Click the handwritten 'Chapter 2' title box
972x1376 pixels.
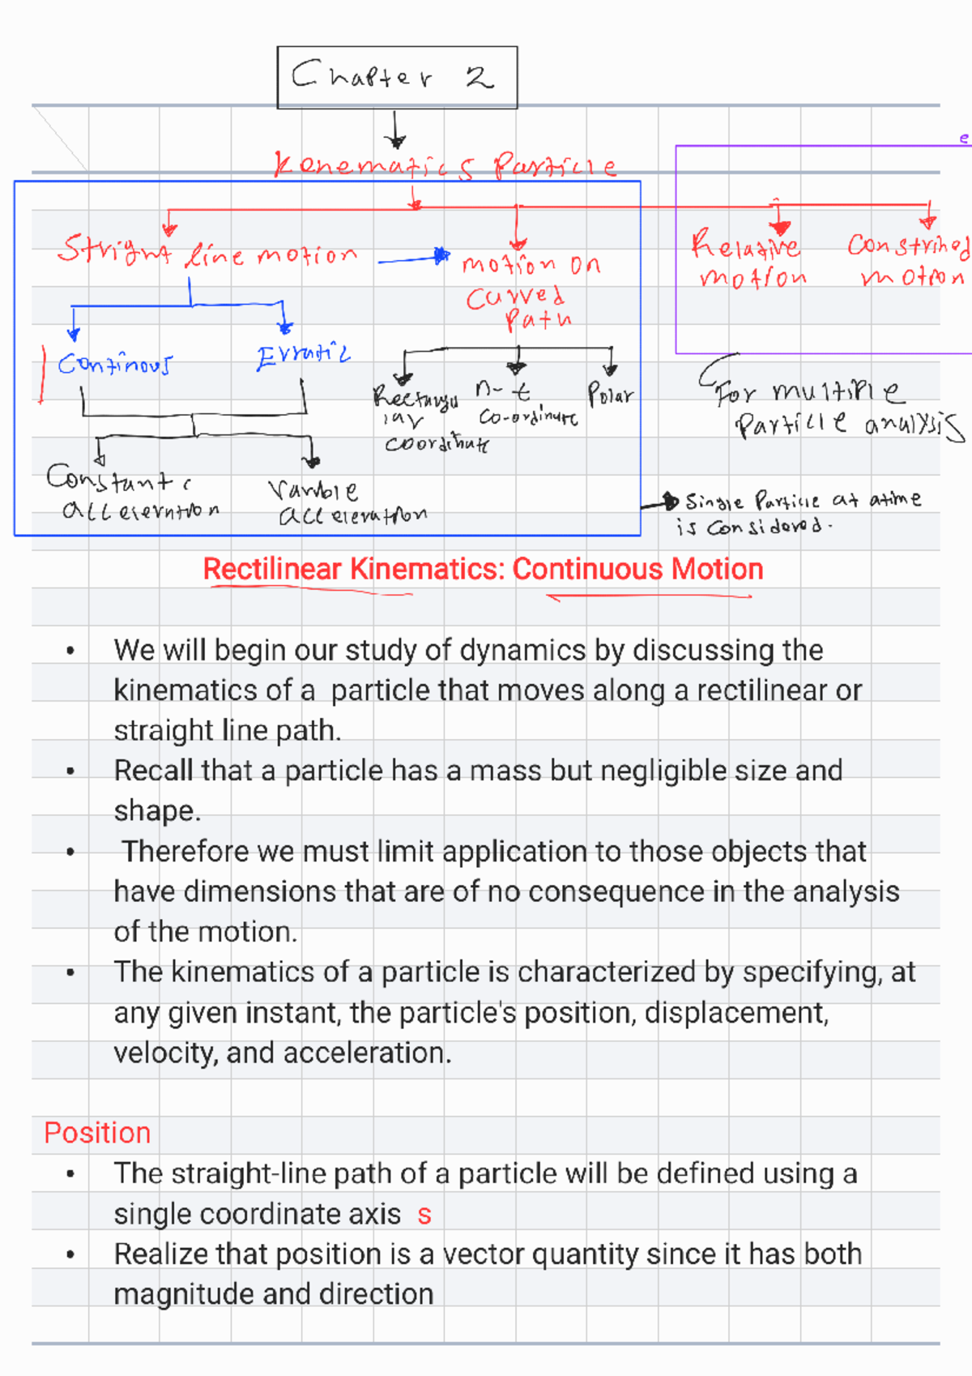(397, 77)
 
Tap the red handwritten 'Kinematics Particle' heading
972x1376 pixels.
(446, 166)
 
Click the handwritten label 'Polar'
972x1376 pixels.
(610, 395)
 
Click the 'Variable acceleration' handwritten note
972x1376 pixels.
(348, 502)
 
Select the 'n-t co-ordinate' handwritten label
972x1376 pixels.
(526, 405)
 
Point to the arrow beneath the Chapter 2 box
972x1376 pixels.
(395, 130)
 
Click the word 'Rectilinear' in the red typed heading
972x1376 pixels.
(272, 570)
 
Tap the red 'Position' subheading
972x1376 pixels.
(97, 1133)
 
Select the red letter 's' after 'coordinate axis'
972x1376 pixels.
(424, 1215)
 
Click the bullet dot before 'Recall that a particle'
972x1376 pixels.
(71, 771)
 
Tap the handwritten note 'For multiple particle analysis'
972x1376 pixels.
(834, 409)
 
